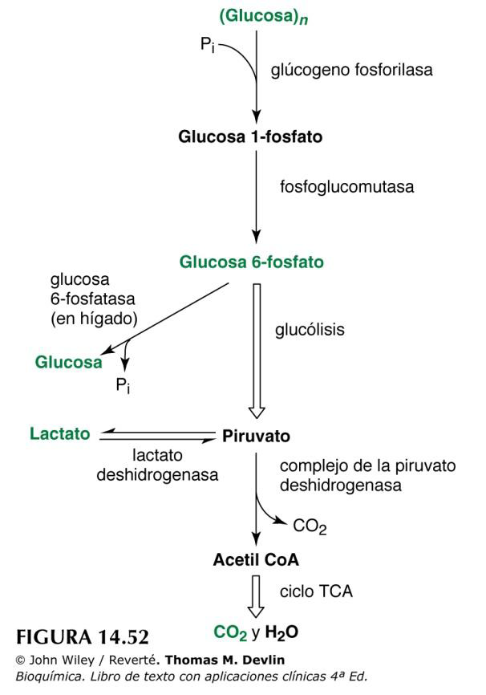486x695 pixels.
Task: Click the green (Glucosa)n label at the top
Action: coord(264,16)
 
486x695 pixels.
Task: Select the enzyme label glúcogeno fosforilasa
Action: coord(352,70)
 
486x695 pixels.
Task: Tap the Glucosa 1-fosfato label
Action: coord(250,136)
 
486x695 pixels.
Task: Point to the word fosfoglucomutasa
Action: coord(347,187)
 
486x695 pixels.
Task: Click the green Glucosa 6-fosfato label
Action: coord(251,262)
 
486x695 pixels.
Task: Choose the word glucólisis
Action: coord(310,330)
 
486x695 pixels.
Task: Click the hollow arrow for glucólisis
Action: coord(257,351)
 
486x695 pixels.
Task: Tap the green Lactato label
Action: coord(60,433)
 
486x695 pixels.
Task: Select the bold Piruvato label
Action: coord(256,436)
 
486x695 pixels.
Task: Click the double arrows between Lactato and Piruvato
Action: coord(157,435)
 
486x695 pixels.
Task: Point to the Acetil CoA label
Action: coord(256,559)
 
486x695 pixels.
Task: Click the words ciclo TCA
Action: coord(316,591)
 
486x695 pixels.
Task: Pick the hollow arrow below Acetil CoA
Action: coord(256,596)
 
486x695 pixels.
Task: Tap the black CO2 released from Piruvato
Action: coord(310,526)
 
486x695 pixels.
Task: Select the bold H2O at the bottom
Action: coord(281,633)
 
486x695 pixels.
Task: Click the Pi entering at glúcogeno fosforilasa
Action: coord(208,44)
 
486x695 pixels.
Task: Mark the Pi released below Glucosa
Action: coord(123,385)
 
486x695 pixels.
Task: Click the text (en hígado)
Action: coord(94,319)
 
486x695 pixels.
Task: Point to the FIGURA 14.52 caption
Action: coord(83,637)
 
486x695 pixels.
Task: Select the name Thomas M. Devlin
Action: coord(225,660)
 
